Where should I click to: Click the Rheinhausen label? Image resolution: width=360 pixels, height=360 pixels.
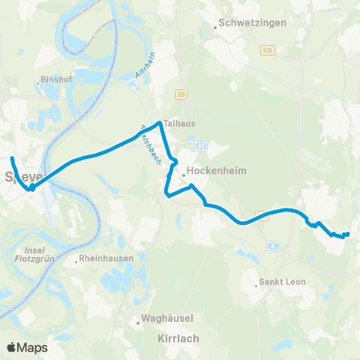coord(108,259)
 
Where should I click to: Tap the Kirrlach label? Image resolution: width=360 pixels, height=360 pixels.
coord(179,338)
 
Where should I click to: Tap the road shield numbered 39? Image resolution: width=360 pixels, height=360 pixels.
coord(181,94)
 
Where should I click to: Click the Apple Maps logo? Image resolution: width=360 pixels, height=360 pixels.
coord(27,347)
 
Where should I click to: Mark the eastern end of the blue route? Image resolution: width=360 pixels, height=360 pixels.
coord(347,235)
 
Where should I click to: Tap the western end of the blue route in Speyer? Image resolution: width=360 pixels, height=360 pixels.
coord(12,158)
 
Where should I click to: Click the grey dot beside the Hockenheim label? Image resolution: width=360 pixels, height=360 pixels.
coord(183,176)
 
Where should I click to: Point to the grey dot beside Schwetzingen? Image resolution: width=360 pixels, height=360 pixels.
coord(215,28)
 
